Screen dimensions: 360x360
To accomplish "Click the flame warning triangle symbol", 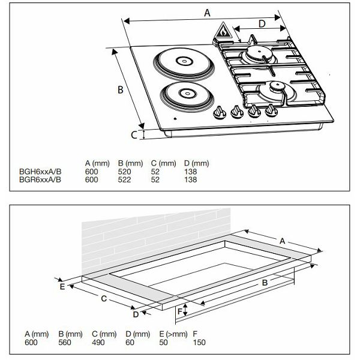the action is click(223, 31).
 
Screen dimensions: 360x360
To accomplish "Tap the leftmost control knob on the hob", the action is click(219, 112).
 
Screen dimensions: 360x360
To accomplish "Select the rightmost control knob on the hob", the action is click(271, 110).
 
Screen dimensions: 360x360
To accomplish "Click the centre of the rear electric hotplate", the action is click(184, 61).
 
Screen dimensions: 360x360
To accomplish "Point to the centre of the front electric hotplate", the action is click(187, 94).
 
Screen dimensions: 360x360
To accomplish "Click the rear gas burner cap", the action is click(259, 52).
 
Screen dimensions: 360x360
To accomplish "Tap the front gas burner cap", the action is click(277, 86).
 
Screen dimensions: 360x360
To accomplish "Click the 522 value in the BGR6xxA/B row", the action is click(124, 179).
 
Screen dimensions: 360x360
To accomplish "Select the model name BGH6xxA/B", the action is click(40, 172).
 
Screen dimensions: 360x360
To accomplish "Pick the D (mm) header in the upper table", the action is click(197, 163).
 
